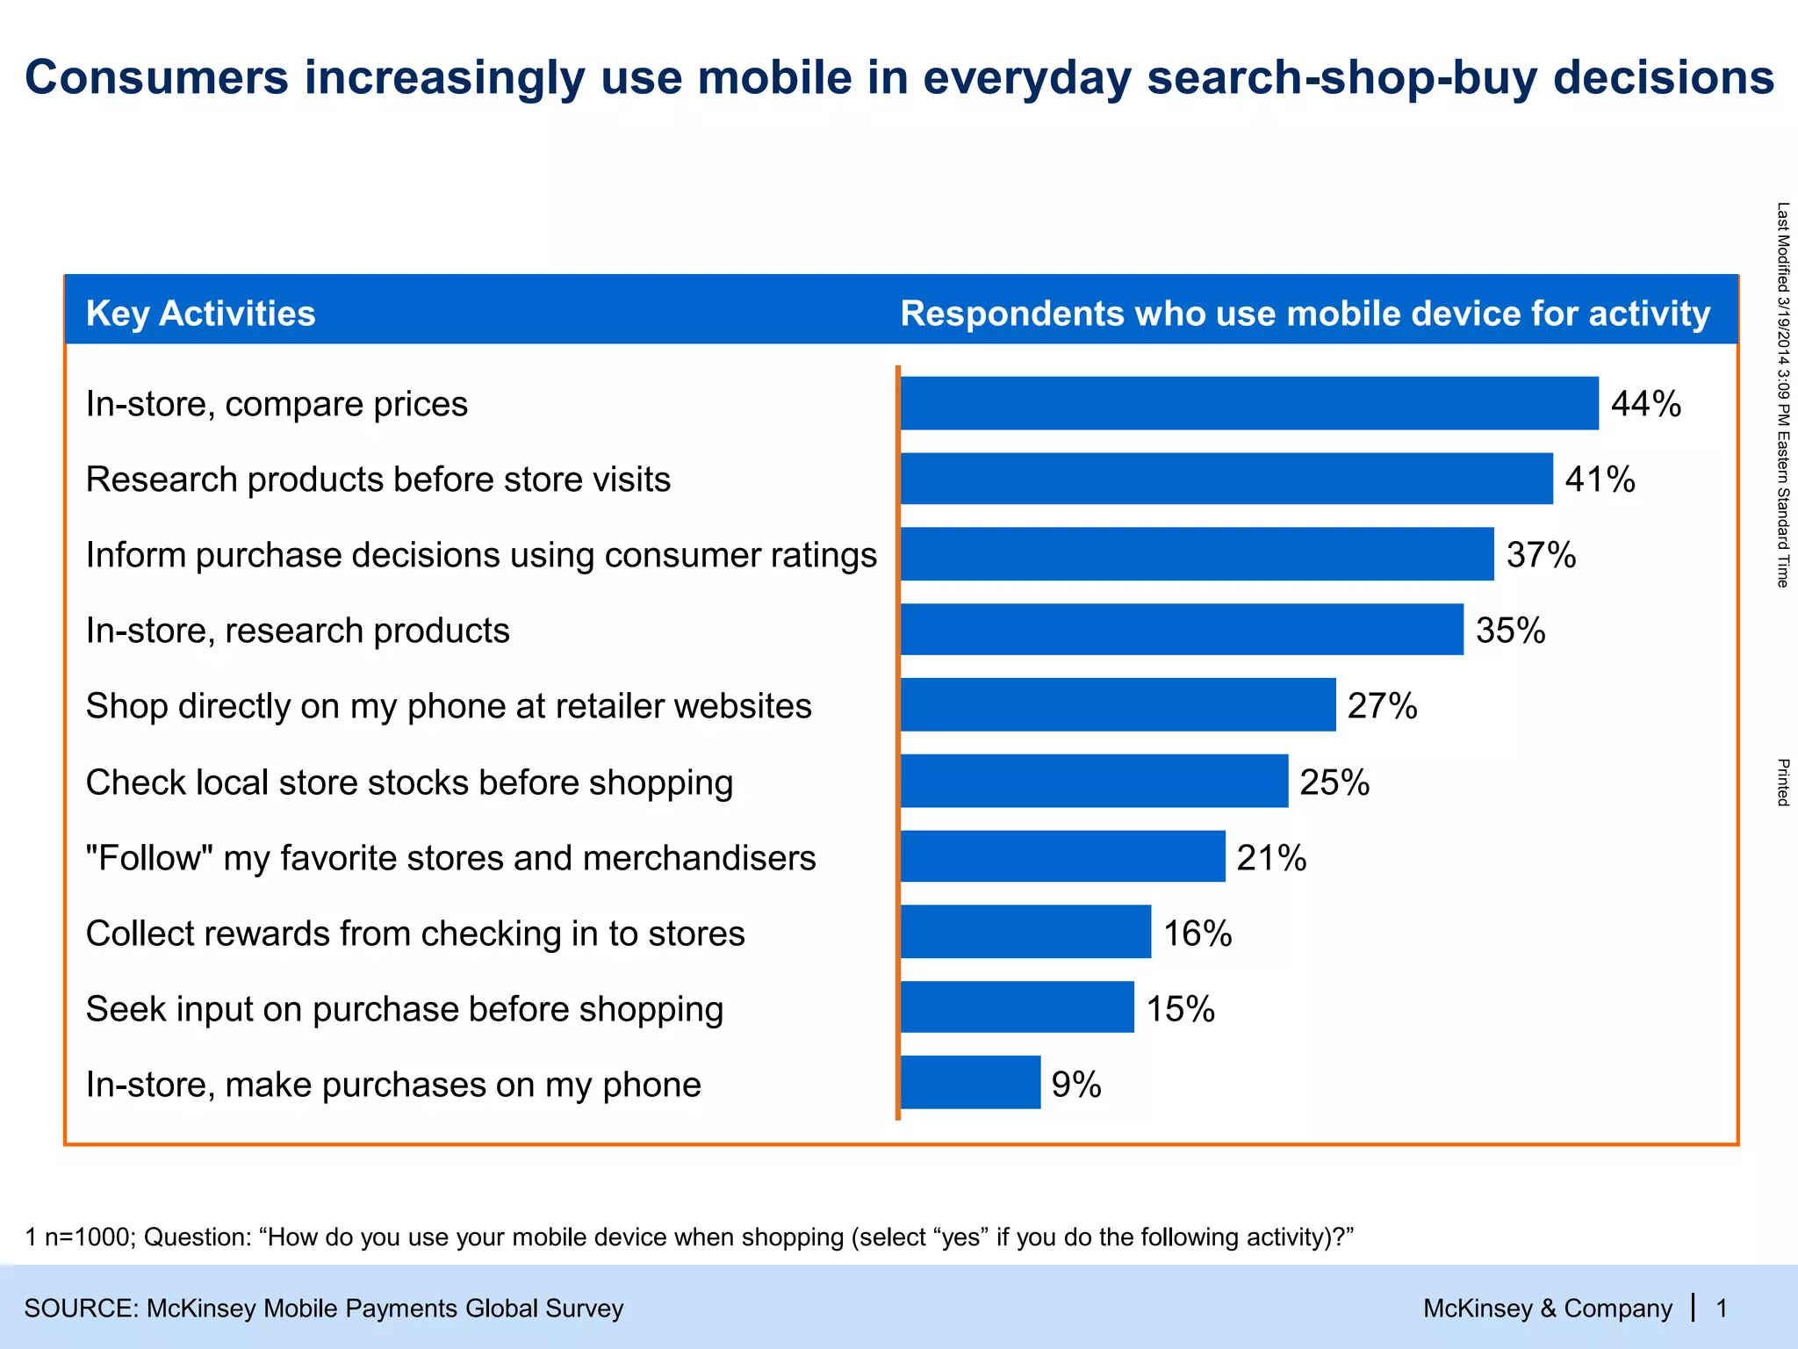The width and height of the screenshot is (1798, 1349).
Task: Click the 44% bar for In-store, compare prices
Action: point(1249,403)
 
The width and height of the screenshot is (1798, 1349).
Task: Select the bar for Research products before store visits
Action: point(1226,479)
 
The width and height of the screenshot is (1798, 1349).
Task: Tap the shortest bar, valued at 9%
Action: point(970,1083)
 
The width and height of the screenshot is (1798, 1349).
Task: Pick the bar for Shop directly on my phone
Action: point(1118,704)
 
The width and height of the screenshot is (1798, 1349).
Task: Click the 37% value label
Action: point(1541,555)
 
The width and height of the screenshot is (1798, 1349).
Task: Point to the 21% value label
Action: point(1271,857)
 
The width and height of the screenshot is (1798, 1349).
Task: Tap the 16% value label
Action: point(1197,933)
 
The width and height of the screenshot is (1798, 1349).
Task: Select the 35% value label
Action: point(1510,631)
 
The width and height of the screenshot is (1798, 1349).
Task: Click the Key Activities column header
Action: point(200,314)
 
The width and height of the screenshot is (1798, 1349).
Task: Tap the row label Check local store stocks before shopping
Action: point(409,782)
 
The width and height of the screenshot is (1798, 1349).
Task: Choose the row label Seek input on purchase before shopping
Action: point(405,1009)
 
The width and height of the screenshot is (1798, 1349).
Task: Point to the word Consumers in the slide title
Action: point(156,77)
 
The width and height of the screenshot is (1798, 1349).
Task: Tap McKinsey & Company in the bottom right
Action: point(1547,1309)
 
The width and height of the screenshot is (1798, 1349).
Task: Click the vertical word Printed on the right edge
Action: point(1783,782)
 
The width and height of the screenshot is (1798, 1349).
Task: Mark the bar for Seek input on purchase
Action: point(1017,1007)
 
